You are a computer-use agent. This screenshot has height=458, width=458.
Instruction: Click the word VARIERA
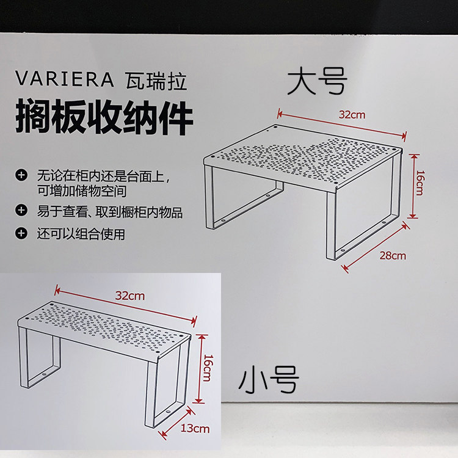click(x=64, y=79)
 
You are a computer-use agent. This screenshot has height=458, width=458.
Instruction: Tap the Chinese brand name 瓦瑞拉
click(x=156, y=81)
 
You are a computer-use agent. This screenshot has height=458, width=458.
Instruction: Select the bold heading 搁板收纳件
click(x=104, y=116)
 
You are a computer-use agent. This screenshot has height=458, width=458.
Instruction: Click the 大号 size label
click(x=317, y=81)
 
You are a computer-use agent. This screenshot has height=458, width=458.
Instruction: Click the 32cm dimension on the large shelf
click(x=352, y=115)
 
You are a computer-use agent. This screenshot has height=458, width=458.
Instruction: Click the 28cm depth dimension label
click(x=393, y=256)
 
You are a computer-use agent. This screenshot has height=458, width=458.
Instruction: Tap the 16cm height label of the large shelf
click(x=419, y=183)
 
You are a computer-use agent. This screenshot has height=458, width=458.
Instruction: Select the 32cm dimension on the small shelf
click(x=130, y=296)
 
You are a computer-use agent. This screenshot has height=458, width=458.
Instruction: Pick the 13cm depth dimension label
click(x=195, y=429)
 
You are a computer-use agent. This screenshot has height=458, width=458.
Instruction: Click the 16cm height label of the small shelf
click(x=208, y=368)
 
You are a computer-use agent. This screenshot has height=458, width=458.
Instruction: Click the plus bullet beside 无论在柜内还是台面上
click(x=21, y=175)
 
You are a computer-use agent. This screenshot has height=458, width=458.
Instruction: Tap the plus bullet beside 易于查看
click(x=21, y=209)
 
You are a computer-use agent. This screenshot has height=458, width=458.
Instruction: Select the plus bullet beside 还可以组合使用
click(x=21, y=233)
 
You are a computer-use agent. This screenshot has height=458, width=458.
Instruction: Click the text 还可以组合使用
click(x=81, y=234)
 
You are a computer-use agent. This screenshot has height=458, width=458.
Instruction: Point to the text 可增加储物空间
click(x=82, y=191)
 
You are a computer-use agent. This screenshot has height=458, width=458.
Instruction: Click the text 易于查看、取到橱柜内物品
click(x=109, y=212)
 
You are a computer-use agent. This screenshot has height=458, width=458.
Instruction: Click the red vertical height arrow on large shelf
click(x=413, y=186)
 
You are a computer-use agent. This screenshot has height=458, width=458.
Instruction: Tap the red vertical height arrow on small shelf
click(x=200, y=369)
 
